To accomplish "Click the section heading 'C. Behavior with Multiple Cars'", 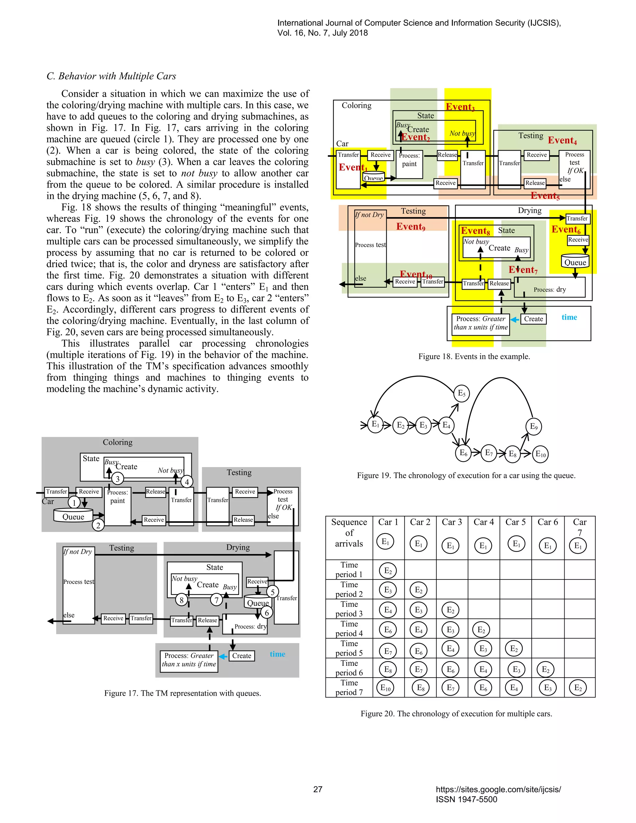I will (x=111, y=76).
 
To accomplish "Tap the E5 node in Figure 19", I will (x=461, y=393).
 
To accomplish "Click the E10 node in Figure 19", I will (x=540, y=454).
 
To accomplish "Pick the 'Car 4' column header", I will (x=484, y=522).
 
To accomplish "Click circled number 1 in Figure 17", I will (x=74, y=502).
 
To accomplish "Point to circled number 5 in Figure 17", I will (x=272, y=592).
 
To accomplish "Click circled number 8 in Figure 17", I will (x=182, y=600).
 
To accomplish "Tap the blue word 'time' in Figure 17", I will (x=277, y=654).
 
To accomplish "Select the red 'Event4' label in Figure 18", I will (x=562, y=141).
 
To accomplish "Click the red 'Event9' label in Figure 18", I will (x=410, y=226).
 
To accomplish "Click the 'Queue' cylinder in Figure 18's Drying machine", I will (x=575, y=261).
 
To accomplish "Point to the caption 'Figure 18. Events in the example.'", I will (x=474, y=357).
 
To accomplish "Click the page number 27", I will (x=318, y=789).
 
